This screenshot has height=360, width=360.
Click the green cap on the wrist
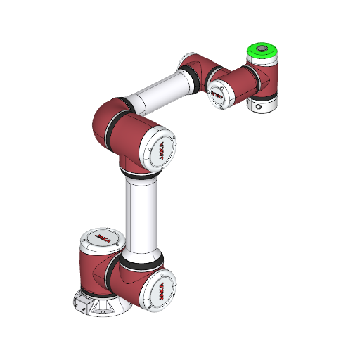[261, 53]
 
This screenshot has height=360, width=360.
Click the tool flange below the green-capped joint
[263, 104]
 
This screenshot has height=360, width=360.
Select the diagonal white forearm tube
[158, 94]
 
